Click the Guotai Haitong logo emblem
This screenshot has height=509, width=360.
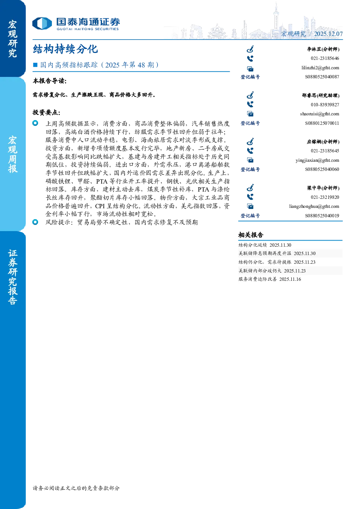(42, 24)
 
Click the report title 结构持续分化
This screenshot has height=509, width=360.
(65, 49)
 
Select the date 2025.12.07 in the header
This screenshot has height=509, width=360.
(328, 34)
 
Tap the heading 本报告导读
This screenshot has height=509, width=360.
(50, 81)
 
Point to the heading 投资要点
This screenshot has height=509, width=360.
(46, 112)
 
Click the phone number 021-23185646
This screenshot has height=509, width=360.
(325, 58)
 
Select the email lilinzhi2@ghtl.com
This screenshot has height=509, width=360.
(320, 68)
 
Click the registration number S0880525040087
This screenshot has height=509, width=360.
(322, 77)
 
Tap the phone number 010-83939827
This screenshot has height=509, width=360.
(325, 105)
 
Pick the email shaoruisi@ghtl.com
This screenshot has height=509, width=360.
(320, 114)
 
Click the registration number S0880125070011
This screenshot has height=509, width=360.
(322, 123)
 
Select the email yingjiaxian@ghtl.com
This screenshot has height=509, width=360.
(317, 160)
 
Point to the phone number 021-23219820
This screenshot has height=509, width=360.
(325, 197)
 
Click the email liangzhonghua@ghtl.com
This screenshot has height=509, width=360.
(314, 206)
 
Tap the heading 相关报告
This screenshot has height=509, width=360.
(251, 235)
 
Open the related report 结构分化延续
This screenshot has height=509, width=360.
(253, 245)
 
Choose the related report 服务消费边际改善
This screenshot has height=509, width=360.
(258, 279)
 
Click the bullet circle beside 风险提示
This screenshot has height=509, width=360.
(35, 222)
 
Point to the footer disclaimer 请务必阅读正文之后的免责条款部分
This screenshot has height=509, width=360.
(76, 488)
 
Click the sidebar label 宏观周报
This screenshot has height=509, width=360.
(12, 155)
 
